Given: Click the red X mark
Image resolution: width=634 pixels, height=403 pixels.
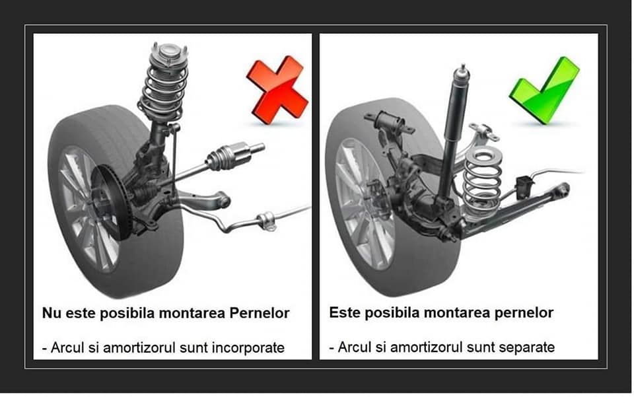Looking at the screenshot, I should (x=277, y=90).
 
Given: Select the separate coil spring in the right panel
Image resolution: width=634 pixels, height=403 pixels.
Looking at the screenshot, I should (x=481, y=178).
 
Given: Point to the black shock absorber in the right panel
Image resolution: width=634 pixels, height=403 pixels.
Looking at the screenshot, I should (x=452, y=132).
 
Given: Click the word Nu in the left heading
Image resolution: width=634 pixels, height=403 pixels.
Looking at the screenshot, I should (x=50, y=313).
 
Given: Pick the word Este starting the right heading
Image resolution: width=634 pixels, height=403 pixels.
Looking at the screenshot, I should (x=343, y=312).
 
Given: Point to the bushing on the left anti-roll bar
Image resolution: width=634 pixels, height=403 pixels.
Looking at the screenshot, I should (x=266, y=220).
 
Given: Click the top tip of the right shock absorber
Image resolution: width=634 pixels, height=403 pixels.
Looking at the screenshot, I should (x=463, y=67).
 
